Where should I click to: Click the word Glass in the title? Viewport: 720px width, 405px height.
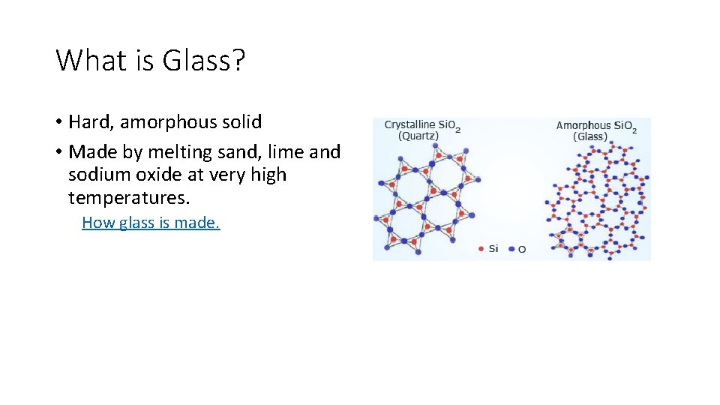click(x=202, y=60)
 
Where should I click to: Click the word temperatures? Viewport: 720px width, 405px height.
click(x=129, y=198)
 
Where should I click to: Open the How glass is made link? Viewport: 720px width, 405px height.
click(x=151, y=222)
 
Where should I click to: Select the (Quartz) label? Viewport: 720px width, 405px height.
click(x=419, y=136)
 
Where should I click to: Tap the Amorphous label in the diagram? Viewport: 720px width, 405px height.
click(x=583, y=125)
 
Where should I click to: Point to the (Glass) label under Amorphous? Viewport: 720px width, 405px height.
click(x=590, y=136)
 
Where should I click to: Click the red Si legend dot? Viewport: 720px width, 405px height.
click(x=481, y=248)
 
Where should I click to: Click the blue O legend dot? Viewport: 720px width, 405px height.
click(x=510, y=248)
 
